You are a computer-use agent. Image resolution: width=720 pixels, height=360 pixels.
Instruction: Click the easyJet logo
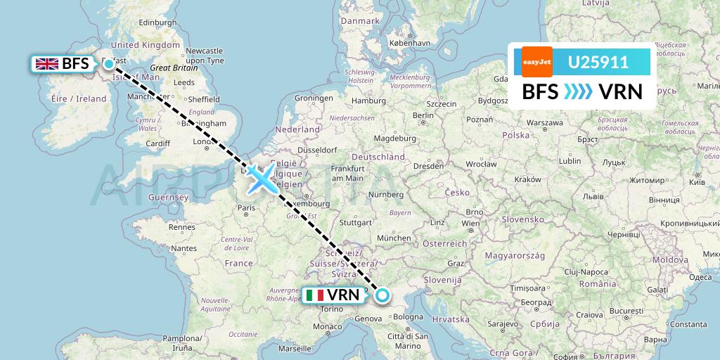(537, 61)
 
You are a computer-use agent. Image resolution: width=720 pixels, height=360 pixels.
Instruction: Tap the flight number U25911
(598, 62)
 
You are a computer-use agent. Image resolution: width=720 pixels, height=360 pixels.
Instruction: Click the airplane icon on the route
(262, 179)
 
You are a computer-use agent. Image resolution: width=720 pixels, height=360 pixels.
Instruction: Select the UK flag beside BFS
(47, 64)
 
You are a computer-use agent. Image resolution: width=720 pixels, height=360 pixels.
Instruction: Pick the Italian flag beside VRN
(315, 295)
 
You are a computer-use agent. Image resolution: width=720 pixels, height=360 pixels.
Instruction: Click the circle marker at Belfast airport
(109, 64)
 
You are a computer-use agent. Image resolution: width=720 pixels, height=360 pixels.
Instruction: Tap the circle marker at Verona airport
(382, 295)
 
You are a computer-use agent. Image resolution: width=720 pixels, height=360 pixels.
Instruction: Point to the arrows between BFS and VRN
(578, 92)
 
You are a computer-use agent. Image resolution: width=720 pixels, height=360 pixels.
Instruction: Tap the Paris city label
(245, 207)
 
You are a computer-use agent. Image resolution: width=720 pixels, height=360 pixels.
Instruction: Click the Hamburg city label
(368, 101)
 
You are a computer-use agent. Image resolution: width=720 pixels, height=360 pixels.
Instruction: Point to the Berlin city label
(423, 115)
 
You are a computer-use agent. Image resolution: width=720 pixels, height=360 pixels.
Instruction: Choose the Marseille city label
(295, 348)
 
